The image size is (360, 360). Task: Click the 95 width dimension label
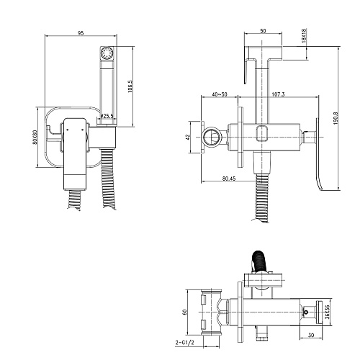81,33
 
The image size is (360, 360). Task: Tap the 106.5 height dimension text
130,86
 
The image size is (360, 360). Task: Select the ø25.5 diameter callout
107,116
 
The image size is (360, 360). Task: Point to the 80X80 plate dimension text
35,137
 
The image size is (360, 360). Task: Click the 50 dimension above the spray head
263,31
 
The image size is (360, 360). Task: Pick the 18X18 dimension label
304,35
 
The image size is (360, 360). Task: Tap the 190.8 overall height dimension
336,118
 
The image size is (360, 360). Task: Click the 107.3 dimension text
278,94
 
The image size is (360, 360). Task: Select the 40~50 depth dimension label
220,94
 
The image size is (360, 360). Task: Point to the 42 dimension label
188,137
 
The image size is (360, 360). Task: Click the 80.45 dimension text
229,179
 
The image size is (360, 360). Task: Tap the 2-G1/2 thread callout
184,343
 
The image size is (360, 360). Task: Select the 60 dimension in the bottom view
184,312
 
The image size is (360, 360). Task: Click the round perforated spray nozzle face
107,53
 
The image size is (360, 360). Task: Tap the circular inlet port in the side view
211,137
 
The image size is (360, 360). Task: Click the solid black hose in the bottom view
259,261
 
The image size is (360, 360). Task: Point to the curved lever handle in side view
319,153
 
